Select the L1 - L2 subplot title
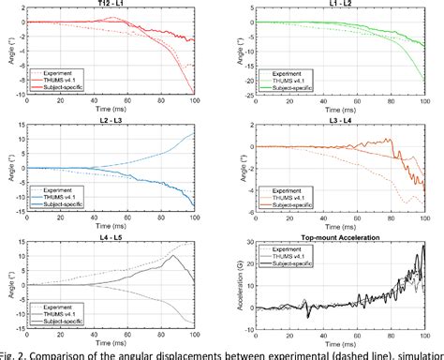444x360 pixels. tap(341, 5)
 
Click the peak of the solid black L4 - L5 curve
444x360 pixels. tap(175, 256)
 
